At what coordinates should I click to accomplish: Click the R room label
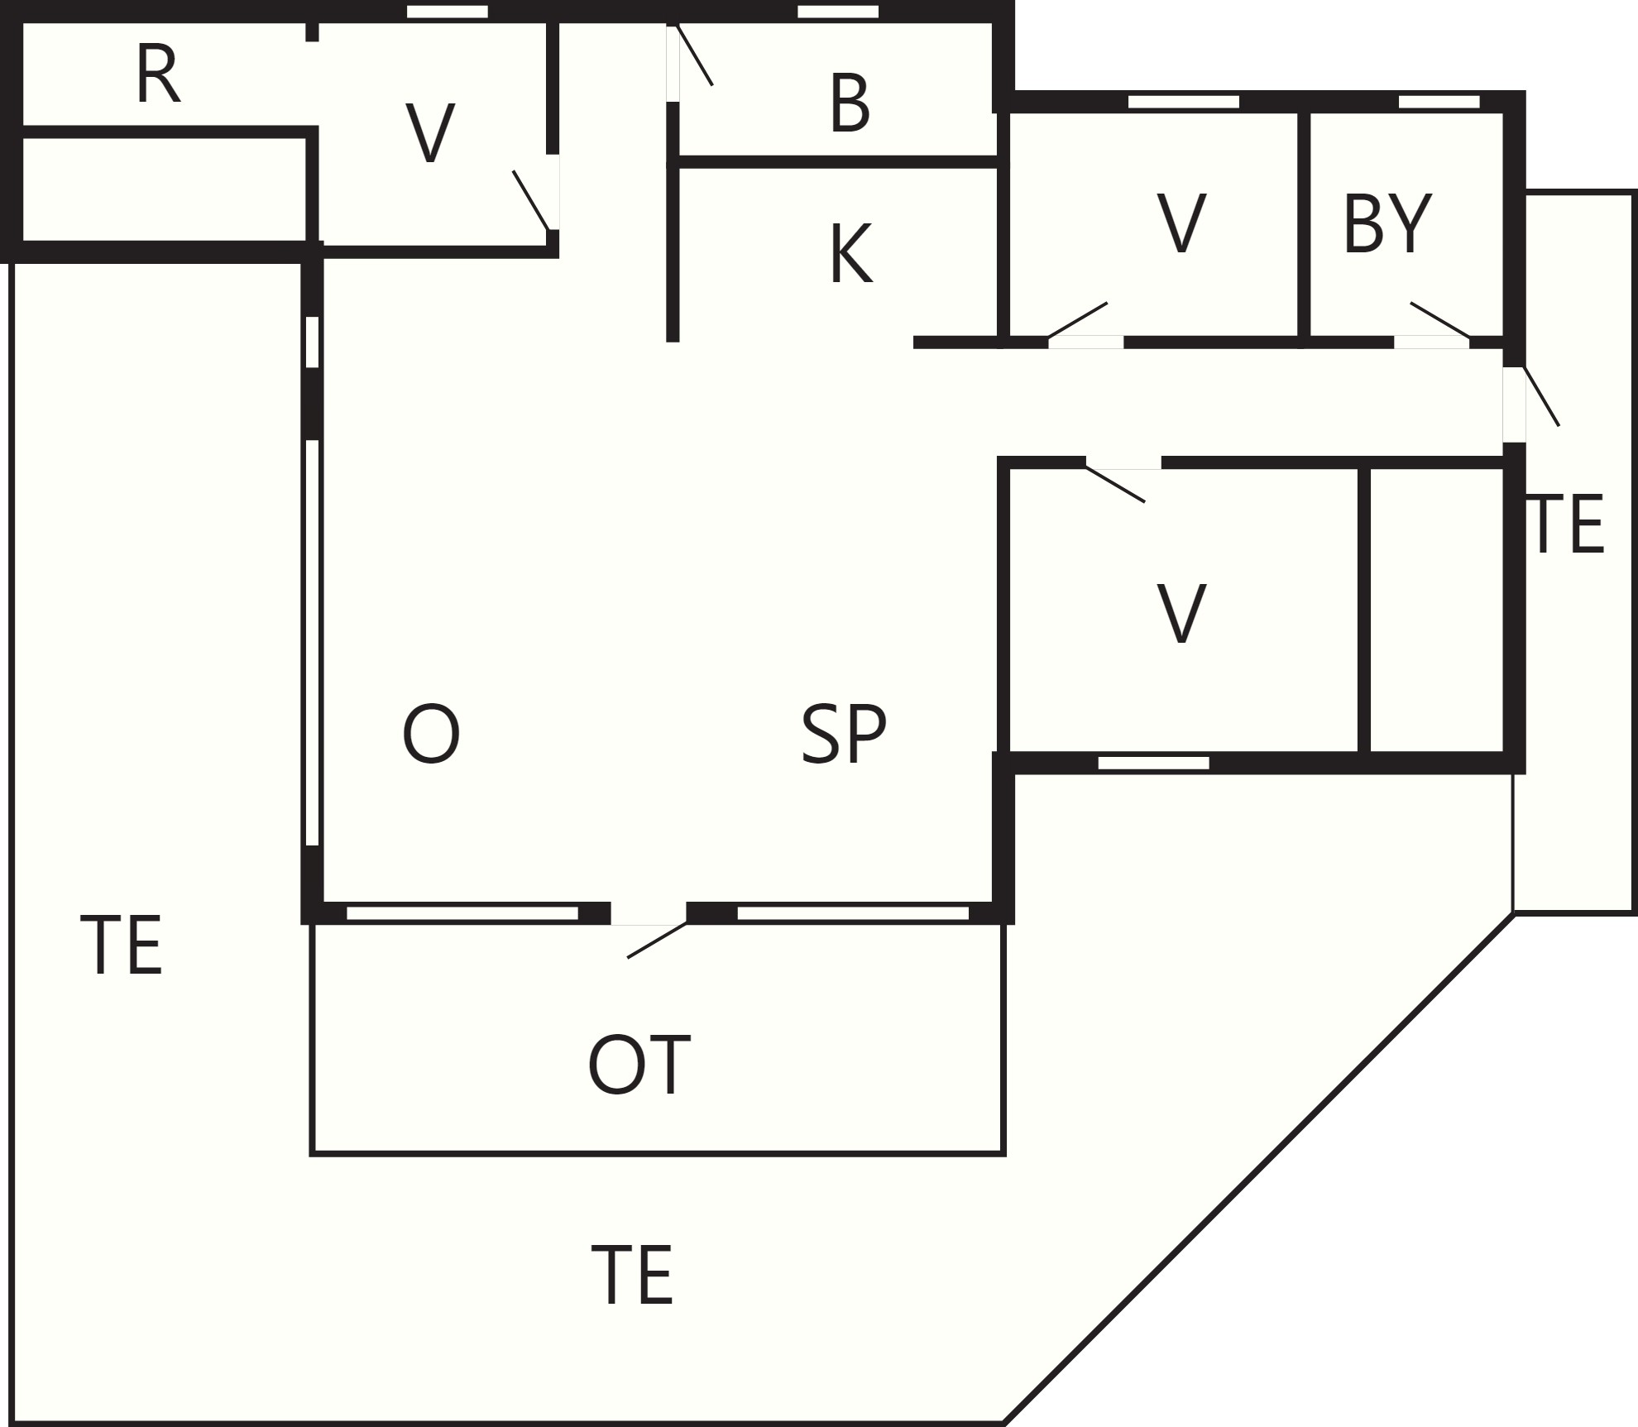pos(157,75)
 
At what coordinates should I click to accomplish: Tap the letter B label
pos(850,103)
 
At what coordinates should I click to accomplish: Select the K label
pos(850,254)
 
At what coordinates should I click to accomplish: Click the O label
pos(430,734)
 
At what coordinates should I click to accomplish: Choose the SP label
pos(844,734)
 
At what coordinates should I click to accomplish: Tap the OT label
pos(639,1065)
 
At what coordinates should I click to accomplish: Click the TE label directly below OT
pos(632,1276)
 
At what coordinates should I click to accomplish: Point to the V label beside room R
pos(430,133)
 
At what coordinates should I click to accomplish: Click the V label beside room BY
pos(1181,223)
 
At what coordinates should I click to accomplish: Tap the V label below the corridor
pos(1181,613)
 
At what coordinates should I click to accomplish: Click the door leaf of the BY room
pos(1440,320)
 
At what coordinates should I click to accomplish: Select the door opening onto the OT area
pos(657,940)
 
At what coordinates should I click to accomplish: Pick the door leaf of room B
pos(694,55)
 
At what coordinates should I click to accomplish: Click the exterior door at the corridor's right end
pos(1542,395)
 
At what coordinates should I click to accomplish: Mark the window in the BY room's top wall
pos(1439,102)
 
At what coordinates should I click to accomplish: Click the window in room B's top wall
pos(837,12)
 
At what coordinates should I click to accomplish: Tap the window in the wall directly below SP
pos(852,913)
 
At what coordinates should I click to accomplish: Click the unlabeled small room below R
pos(164,189)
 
